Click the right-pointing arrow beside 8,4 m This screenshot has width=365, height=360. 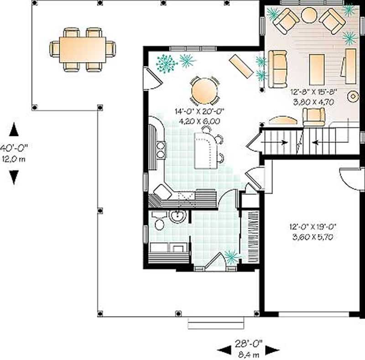pyautogui.click(x=272, y=350)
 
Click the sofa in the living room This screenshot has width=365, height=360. pyautogui.click(x=277, y=69)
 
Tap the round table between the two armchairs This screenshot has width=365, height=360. pyautogui.click(x=309, y=15)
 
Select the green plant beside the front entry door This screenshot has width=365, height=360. pyautogui.click(x=231, y=257)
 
